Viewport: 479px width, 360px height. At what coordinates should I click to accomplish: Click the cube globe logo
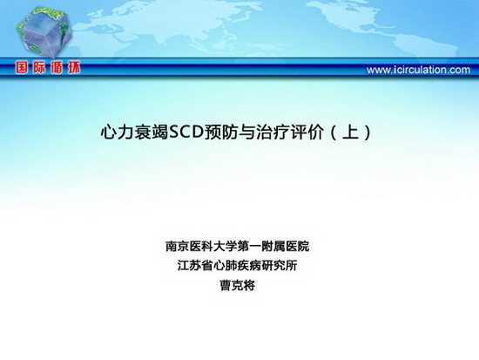pos(44,33)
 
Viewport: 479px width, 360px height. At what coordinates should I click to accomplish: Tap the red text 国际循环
pos(48,68)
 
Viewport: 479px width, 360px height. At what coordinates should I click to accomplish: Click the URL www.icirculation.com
pos(418,70)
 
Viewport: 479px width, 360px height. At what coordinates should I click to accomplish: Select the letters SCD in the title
pos(186,132)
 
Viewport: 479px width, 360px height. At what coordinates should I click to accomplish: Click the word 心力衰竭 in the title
pos(134,132)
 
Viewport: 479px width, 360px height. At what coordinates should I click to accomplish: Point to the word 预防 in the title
pos(221,132)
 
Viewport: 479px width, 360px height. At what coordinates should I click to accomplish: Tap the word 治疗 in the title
pos(273,132)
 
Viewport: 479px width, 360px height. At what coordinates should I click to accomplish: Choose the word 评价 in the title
pos(307,132)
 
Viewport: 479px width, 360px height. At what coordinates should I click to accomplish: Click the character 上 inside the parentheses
pos(350,132)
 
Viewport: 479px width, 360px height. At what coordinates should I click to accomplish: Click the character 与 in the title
pos(246,132)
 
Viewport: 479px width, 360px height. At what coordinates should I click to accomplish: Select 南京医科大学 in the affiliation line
pos(201,246)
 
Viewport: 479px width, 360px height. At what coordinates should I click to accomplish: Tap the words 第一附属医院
pos(273,246)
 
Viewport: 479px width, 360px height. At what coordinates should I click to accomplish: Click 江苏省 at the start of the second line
pos(195,266)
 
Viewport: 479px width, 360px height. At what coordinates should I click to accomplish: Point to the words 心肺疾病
pos(237,266)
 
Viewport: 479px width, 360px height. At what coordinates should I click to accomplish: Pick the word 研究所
pos(280,266)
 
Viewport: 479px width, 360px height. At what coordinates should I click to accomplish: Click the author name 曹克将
pos(238,285)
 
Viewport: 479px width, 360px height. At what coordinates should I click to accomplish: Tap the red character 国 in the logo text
pos(23,68)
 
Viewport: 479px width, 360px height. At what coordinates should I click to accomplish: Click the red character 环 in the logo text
pos(74,68)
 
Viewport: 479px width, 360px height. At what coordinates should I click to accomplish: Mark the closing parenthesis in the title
pos(368,132)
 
